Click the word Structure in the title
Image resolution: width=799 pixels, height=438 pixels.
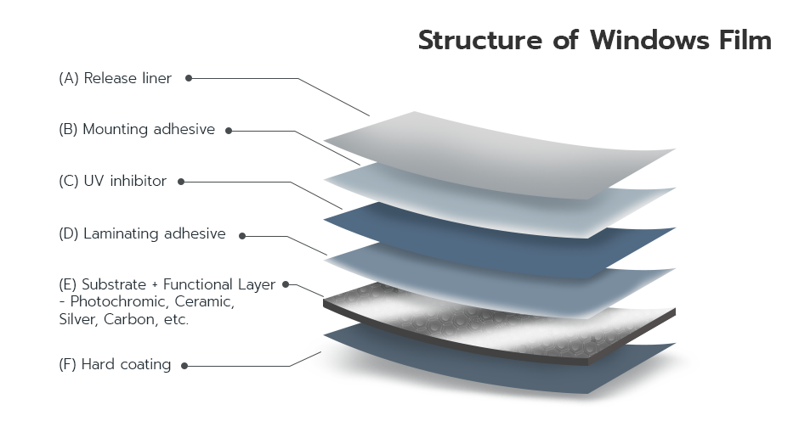tap(480, 40)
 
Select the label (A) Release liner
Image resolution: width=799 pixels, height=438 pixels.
tap(115, 78)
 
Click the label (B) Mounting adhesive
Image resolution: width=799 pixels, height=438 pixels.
tap(137, 129)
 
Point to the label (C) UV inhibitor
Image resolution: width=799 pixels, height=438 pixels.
tap(112, 181)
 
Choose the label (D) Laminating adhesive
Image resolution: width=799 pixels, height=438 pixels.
tap(142, 233)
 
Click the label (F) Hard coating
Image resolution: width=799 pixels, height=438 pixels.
tap(115, 365)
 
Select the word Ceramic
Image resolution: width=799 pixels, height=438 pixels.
tap(204, 301)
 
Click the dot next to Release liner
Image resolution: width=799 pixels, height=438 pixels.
tap(189, 78)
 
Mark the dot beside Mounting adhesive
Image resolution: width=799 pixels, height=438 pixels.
tap(229, 131)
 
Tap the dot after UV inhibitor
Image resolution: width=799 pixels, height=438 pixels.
tap(181, 182)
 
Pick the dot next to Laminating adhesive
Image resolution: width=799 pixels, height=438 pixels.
tap(242, 236)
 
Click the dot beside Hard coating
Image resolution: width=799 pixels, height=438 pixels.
tap(184, 366)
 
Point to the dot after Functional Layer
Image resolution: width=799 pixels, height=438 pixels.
tap(286, 284)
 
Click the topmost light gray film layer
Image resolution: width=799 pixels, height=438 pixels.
tap(500, 153)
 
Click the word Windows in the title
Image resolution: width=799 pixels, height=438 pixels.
tap(649, 40)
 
